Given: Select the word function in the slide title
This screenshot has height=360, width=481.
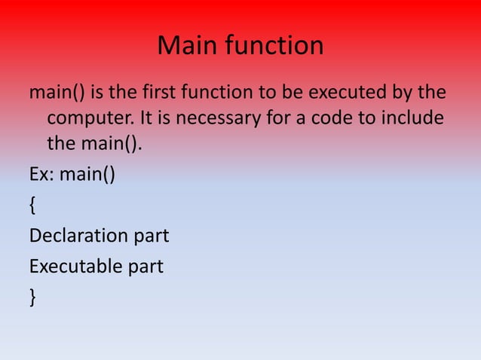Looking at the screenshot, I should point(273,47).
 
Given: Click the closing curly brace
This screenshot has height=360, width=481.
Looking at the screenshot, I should point(32,296).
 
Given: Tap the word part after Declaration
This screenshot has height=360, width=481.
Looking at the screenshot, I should point(151,236).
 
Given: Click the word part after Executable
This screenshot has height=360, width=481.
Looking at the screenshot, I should point(146,266).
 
